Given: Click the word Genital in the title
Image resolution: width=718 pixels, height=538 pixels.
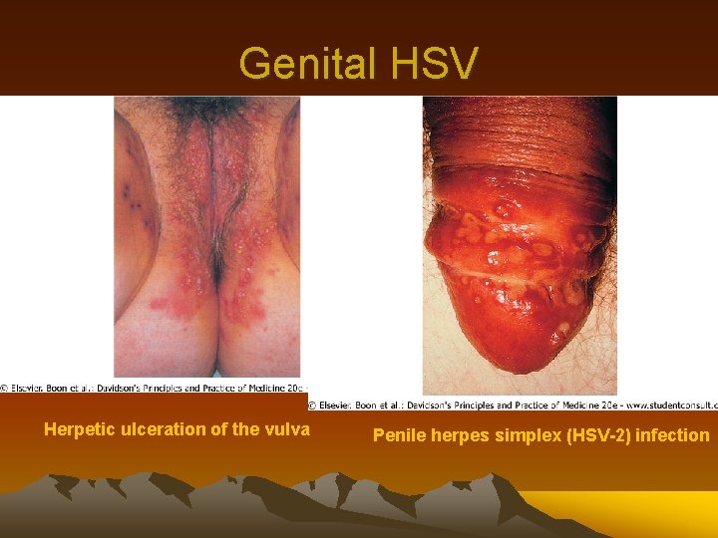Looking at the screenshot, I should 302,63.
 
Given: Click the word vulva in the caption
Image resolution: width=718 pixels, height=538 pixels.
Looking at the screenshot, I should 287,430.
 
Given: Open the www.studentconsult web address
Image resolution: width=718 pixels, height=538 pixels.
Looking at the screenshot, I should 667,405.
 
